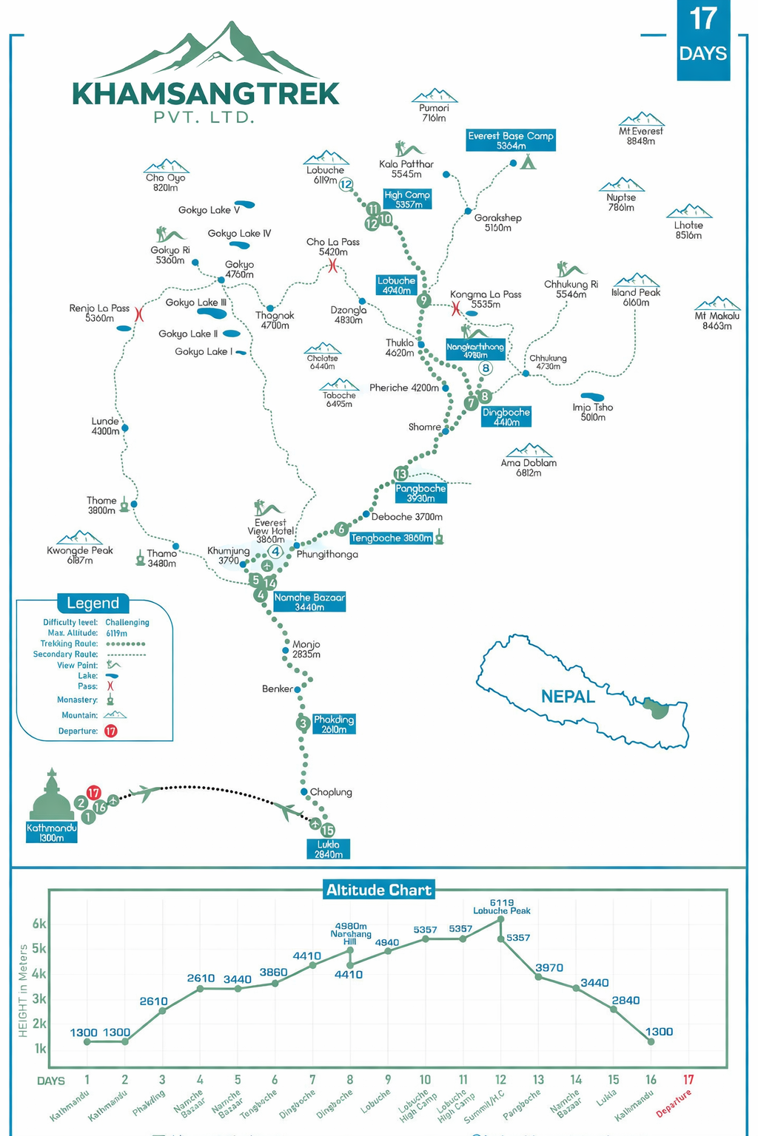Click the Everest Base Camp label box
(510, 141)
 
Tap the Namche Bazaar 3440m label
(309, 602)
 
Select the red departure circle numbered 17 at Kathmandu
(93, 793)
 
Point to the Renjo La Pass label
(99, 313)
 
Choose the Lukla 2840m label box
(328, 849)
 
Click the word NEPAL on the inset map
(568, 697)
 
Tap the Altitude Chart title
(378, 890)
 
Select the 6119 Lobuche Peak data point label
(502, 907)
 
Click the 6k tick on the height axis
(39, 924)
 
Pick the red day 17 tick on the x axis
(688, 1080)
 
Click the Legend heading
(93, 603)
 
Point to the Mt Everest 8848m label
(641, 136)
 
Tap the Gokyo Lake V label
(209, 210)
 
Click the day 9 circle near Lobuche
(423, 300)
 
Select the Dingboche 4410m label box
(506, 417)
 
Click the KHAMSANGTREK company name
(206, 94)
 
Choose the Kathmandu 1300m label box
(51, 833)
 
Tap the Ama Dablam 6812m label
(529, 467)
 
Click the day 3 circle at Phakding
(303, 723)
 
